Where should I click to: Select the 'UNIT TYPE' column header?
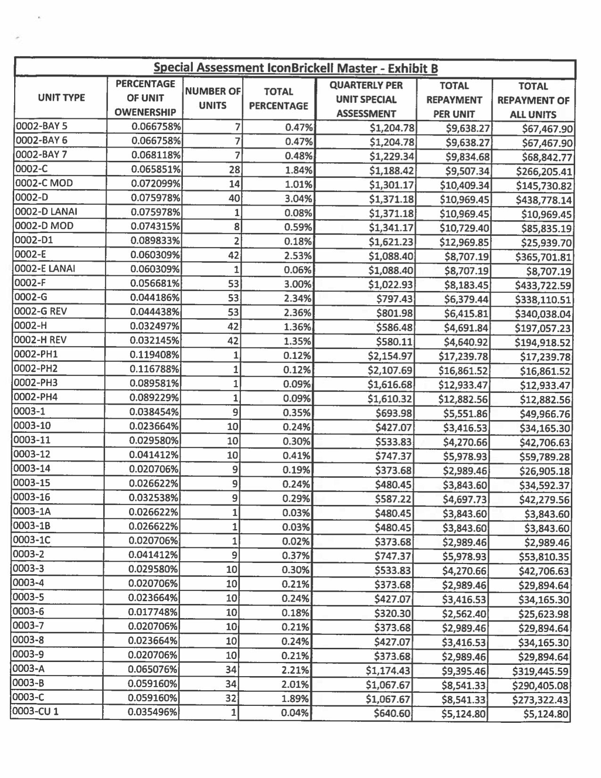(61, 98)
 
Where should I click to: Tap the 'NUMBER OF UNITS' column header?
(213, 98)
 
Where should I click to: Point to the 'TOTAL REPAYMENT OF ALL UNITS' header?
(533, 100)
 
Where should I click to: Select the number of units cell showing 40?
(234, 199)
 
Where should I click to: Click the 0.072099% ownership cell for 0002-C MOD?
(156, 184)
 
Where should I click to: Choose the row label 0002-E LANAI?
(46, 269)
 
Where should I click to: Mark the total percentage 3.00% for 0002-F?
(297, 284)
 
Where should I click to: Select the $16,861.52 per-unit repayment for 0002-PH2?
(463, 371)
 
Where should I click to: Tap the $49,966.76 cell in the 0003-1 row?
(544, 414)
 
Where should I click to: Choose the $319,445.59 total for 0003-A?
(541, 671)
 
